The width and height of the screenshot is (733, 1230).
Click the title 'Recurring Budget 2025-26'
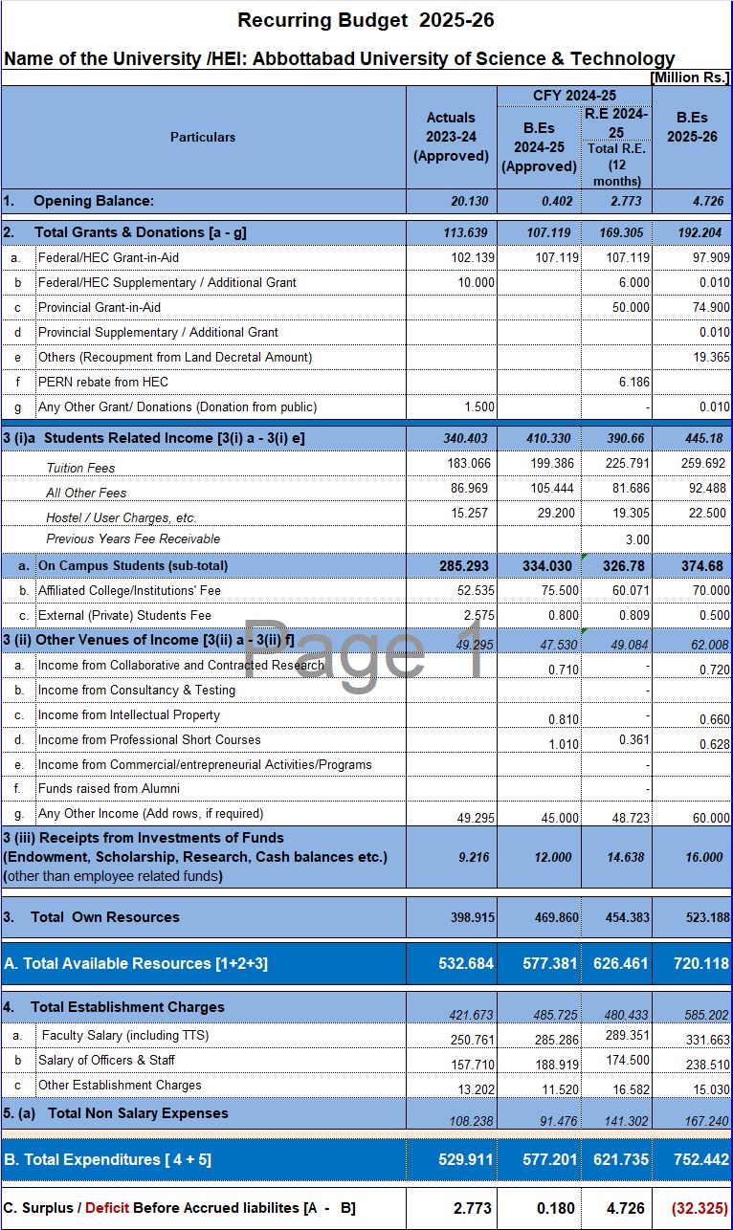point(366,20)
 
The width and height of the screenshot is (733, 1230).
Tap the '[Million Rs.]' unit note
point(689,77)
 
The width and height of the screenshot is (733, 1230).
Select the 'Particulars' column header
point(203,137)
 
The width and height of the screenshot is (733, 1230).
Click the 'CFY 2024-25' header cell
point(574,96)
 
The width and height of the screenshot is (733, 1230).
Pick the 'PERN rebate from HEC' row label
point(103,382)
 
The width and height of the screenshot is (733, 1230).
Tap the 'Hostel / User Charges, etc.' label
point(121,516)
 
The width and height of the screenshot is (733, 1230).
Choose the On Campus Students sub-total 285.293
point(467,565)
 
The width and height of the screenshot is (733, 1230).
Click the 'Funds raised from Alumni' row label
point(109,788)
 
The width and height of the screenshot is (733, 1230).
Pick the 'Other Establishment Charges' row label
point(120,1085)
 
